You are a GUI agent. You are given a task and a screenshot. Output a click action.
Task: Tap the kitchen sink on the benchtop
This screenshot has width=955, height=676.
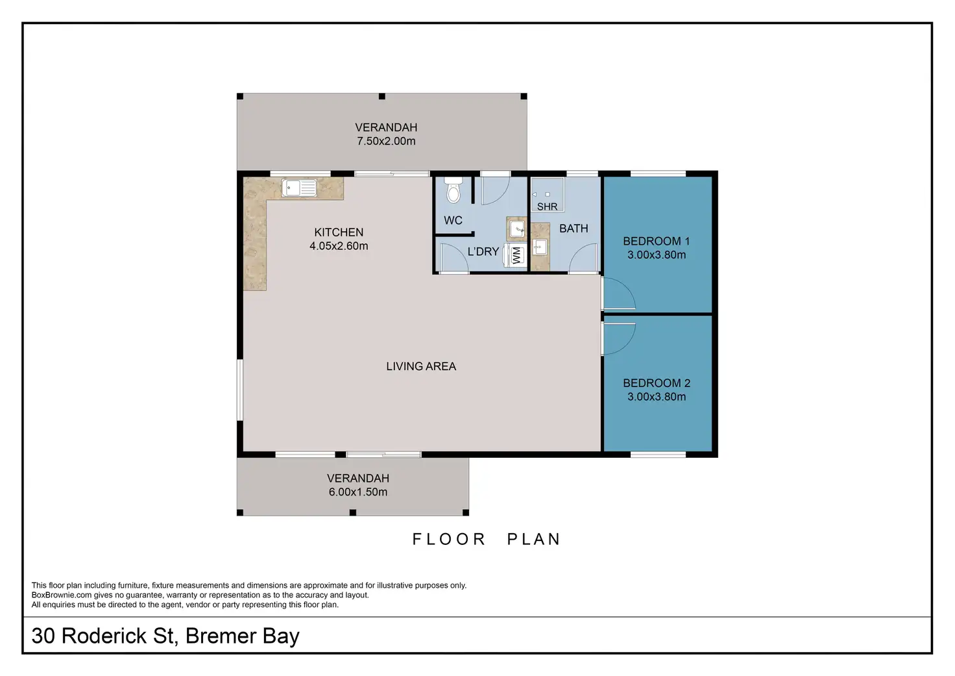point(299,188)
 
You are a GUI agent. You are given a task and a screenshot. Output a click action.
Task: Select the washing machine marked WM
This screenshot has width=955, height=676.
point(515,255)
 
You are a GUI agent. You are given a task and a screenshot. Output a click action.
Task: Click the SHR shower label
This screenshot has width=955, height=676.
point(547,207)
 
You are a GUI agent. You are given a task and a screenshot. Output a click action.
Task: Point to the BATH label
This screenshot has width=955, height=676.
point(574,229)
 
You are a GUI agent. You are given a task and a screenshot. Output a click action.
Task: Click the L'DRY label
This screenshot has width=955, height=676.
point(483,252)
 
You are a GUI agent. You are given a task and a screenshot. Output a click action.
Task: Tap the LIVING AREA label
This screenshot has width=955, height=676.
point(421,366)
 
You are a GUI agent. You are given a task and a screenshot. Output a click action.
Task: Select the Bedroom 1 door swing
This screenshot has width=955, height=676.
point(619,294)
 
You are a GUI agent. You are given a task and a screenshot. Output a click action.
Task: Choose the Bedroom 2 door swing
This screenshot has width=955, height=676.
point(619,339)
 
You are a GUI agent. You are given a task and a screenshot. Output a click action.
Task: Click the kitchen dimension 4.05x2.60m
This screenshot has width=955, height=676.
point(339,246)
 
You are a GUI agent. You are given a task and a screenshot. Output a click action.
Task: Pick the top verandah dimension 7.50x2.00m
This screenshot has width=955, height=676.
point(386,141)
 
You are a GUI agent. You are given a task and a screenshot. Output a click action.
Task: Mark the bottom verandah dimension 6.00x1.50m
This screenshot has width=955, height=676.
point(358,492)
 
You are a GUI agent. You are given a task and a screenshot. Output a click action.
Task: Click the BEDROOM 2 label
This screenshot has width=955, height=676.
point(657,383)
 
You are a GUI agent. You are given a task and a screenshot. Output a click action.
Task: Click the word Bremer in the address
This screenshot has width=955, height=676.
point(221,636)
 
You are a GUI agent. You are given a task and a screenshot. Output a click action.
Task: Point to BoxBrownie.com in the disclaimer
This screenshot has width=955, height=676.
point(62,595)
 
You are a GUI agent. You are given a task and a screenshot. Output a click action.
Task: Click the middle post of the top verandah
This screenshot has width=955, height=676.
point(382,97)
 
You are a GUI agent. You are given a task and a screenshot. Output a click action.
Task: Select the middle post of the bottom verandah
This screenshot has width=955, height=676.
point(352,512)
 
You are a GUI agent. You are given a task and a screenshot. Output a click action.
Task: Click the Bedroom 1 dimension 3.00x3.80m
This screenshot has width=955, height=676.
point(657,255)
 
